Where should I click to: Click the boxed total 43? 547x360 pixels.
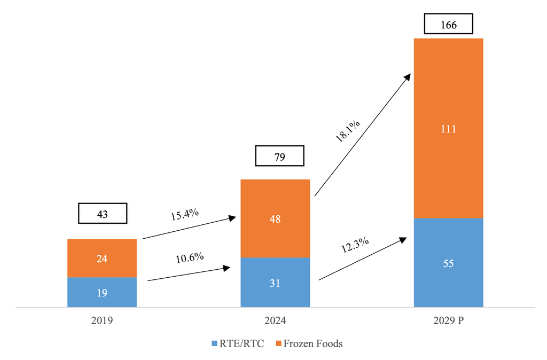103,214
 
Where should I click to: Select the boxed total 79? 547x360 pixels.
279,156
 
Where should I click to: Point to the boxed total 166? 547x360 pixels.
449,25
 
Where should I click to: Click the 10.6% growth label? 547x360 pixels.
190,257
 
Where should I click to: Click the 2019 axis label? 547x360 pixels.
102,322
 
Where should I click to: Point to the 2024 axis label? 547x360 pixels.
275,322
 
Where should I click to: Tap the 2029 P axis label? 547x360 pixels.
449,322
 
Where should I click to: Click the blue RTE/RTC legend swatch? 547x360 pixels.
215,343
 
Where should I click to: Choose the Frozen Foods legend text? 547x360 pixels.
312,343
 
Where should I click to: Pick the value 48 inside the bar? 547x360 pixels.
275,219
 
